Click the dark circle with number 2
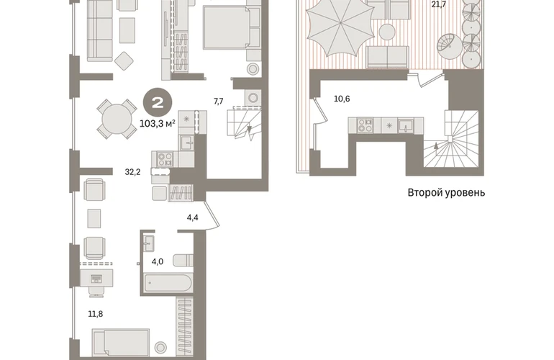tap(158, 103)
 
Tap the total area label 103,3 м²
tap(158, 124)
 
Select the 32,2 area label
tap(133, 172)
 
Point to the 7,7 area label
tap(219, 102)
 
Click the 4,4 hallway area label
tap(193, 217)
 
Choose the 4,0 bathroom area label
tap(158, 261)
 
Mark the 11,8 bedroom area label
tap(96, 314)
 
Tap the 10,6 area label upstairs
tap(342, 99)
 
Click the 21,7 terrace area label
tap(438, 4)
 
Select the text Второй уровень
tap(446, 193)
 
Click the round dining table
tap(117, 120)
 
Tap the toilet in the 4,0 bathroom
tap(183, 260)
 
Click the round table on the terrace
tap(387, 32)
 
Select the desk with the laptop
tap(97, 278)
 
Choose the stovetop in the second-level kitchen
tap(365, 125)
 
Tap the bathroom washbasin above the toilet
tap(149, 243)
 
